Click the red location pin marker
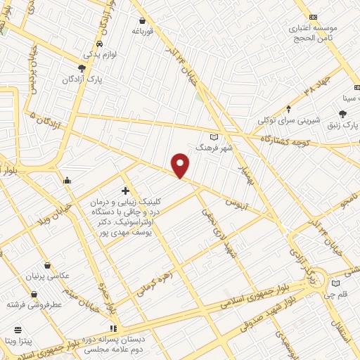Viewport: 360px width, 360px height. coord(181,165)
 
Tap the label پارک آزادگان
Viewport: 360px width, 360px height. coord(102,80)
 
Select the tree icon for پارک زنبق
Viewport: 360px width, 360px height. coord(342,114)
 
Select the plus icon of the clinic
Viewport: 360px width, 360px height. coord(125,191)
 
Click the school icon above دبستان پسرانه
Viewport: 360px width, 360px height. coord(113,328)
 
